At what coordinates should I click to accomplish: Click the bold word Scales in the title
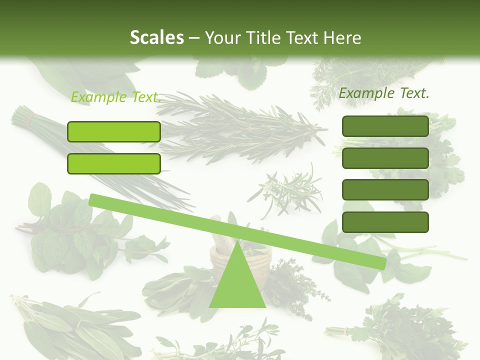tap(156, 37)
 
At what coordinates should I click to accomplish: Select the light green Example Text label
tap(115, 97)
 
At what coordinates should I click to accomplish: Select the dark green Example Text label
tap(384, 93)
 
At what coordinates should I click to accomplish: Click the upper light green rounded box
tap(114, 131)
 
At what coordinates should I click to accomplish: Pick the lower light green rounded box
tap(114, 163)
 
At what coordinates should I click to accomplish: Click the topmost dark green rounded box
tap(385, 126)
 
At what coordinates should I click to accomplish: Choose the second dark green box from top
tap(385, 158)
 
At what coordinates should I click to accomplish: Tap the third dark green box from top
tap(385, 190)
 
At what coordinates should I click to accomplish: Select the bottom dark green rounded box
tap(385, 222)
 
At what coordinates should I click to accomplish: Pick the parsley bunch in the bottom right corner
tap(400, 325)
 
